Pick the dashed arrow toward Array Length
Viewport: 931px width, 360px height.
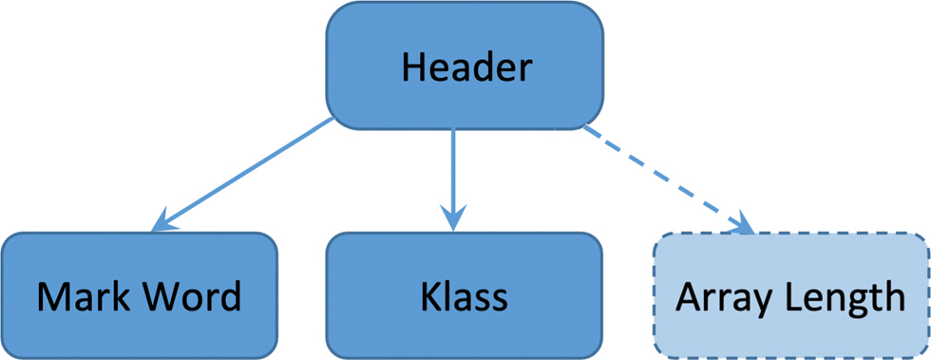665,176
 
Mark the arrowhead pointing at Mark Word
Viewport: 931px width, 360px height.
163,220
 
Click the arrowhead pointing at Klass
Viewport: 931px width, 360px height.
453,217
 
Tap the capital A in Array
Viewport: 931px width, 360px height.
688,297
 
